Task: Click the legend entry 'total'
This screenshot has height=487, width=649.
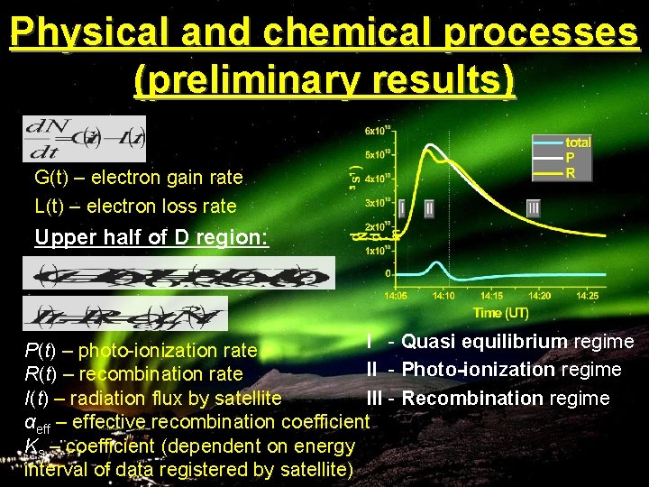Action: click(578, 142)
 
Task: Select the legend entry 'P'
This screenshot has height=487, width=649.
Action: click(571, 157)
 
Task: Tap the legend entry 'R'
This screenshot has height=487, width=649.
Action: click(571, 172)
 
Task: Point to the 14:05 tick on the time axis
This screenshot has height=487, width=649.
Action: click(397, 294)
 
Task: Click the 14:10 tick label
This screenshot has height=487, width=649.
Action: click(443, 294)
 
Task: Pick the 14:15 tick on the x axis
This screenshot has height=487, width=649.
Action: click(492, 294)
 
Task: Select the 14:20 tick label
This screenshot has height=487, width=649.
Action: click(539, 294)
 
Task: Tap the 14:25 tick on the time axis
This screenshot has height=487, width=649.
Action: click(587, 294)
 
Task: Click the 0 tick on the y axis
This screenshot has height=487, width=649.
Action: click(388, 272)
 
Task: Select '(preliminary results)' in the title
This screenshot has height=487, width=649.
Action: click(324, 79)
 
